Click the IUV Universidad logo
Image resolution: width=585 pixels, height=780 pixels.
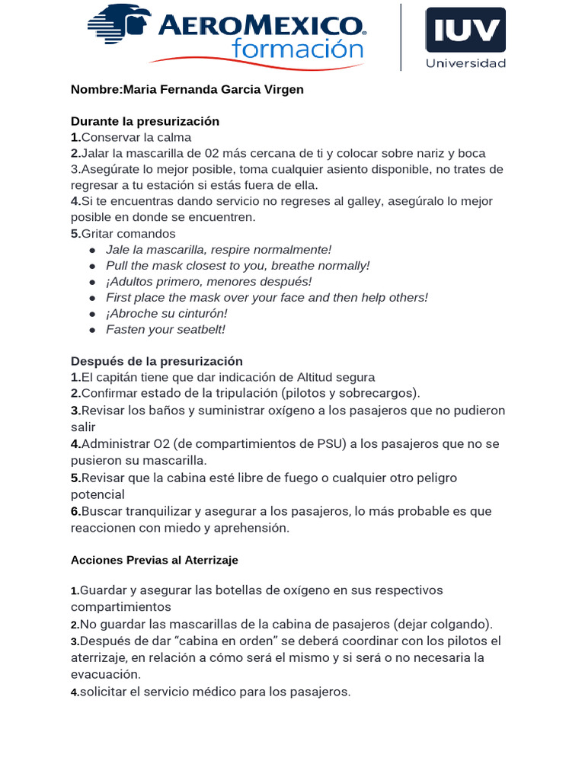click(x=465, y=38)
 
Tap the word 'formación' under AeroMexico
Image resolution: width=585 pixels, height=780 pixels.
click(x=297, y=50)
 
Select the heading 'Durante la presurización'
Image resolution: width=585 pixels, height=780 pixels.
click(x=145, y=121)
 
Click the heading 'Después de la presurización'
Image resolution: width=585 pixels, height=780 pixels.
click(x=156, y=361)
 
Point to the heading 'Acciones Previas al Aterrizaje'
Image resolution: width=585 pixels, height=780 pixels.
click(x=154, y=560)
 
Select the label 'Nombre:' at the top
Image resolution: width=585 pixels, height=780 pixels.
click(x=96, y=89)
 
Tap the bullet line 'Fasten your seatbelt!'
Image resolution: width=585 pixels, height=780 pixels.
click(x=165, y=329)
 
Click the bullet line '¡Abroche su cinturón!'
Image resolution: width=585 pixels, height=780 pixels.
click(x=166, y=313)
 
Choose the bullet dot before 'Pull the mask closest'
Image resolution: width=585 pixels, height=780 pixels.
click(x=92, y=266)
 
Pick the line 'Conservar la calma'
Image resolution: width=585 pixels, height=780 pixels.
click(x=136, y=137)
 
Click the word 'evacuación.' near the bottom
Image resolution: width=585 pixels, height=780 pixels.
click(x=106, y=674)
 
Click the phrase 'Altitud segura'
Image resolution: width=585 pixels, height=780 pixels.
click(x=334, y=377)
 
